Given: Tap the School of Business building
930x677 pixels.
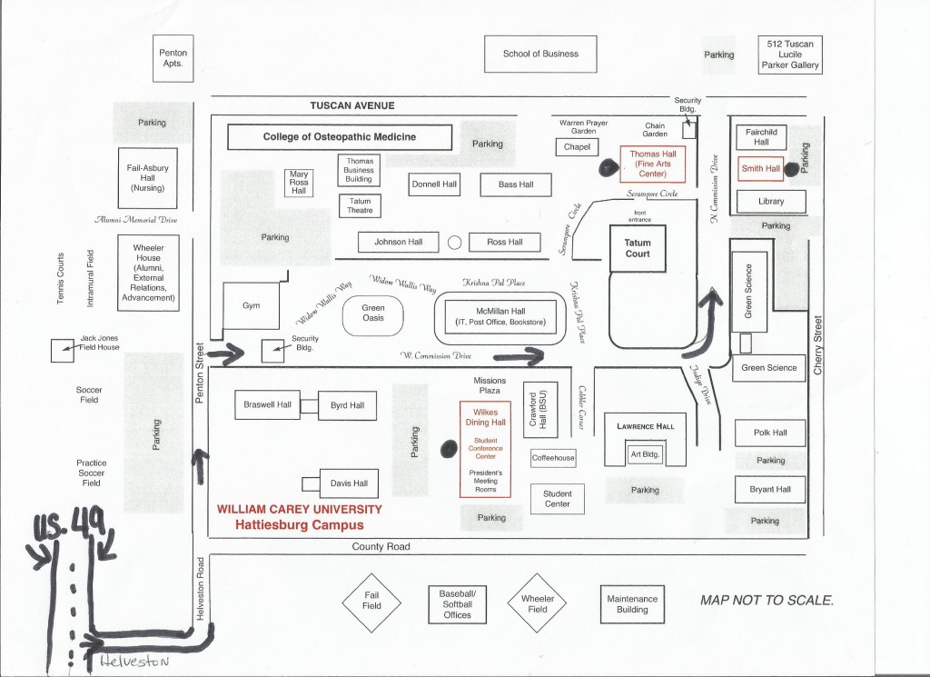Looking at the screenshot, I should point(540,54).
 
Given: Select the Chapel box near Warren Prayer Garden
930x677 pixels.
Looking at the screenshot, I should point(577,146).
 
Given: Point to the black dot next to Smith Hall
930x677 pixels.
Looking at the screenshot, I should point(792,168).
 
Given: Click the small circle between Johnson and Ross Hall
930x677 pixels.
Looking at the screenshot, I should point(455,243).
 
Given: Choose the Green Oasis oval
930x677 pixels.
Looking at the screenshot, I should point(373,313).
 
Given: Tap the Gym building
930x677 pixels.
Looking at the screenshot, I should point(252,306).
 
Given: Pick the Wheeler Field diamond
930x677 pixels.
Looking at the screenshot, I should point(537,602).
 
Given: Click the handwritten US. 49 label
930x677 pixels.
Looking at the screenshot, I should point(70,523).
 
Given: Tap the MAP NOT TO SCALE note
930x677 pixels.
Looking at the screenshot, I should point(766,601).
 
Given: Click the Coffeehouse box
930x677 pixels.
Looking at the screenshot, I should point(553,458).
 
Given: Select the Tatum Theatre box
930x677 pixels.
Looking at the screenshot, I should point(359,205).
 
